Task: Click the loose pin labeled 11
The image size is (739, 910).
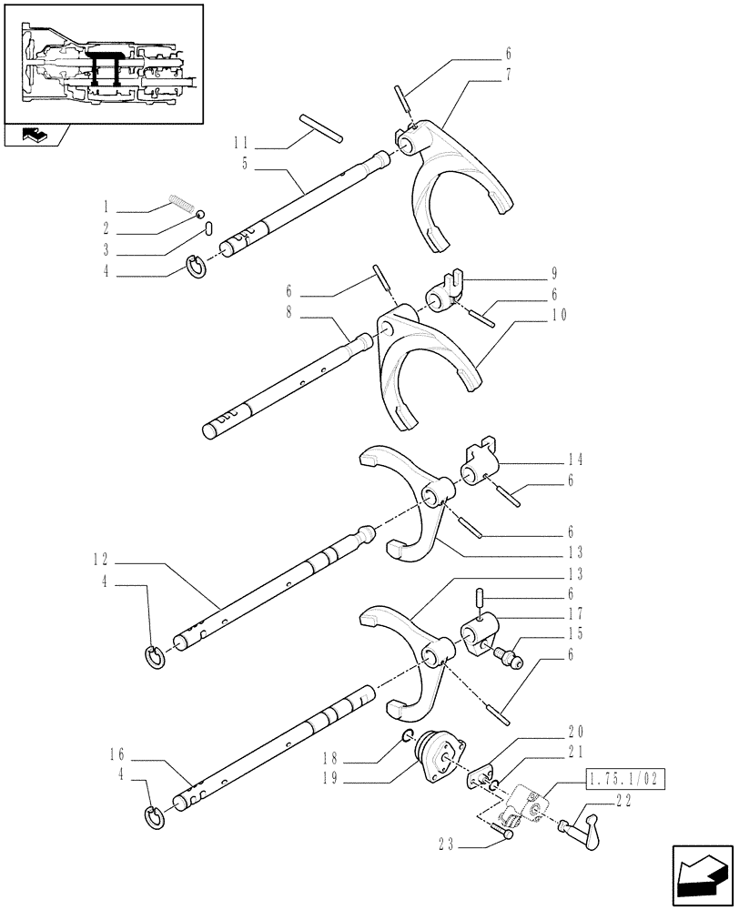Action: coord(320,127)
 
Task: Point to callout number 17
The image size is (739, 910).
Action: coord(573,613)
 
